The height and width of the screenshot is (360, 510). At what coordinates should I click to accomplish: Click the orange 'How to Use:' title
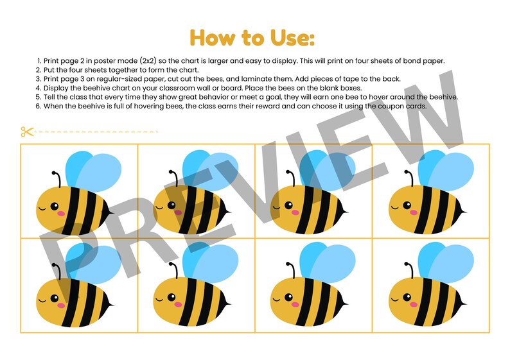click(252, 37)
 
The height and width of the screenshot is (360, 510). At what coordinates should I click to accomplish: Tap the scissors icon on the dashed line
click(27, 132)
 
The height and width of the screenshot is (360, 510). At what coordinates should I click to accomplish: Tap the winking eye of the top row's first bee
click(44, 207)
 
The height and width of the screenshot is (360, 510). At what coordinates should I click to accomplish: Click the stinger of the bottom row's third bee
click(347, 302)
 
